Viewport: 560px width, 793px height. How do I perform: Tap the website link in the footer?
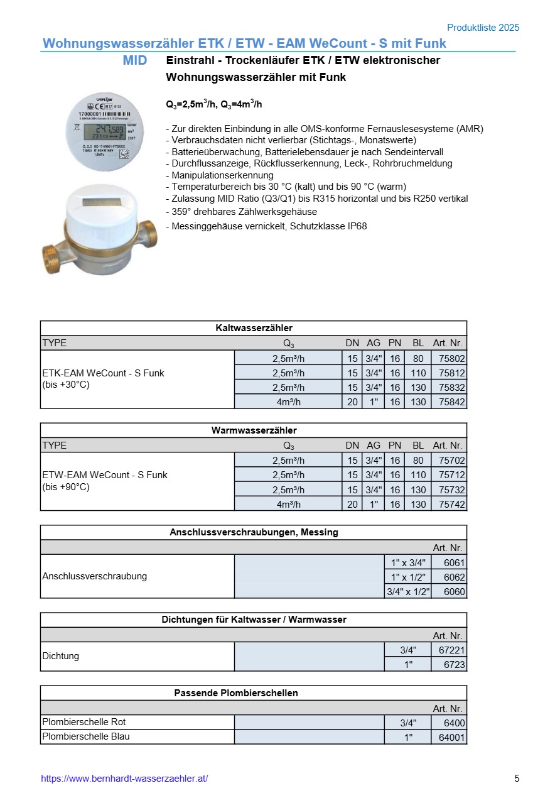tap(124, 779)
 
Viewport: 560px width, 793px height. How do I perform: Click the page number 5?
tap(517, 779)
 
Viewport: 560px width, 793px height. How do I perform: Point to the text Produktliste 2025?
tap(483, 28)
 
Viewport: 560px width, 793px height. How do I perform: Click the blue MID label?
tap(135, 60)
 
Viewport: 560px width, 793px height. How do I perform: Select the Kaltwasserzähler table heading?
tap(254, 328)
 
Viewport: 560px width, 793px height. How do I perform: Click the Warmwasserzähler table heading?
tap(254, 430)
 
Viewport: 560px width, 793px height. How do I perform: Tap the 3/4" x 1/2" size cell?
tap(407, 591)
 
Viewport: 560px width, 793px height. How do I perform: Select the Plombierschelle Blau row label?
tap(85, 736)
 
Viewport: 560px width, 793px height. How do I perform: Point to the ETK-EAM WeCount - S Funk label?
tap(103, 373)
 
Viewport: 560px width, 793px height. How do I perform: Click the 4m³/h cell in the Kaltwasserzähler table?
tap(288, 402)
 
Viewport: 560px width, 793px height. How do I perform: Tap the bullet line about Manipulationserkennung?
tap(220, 175)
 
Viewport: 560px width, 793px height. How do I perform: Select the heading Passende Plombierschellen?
tap(254, 693)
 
